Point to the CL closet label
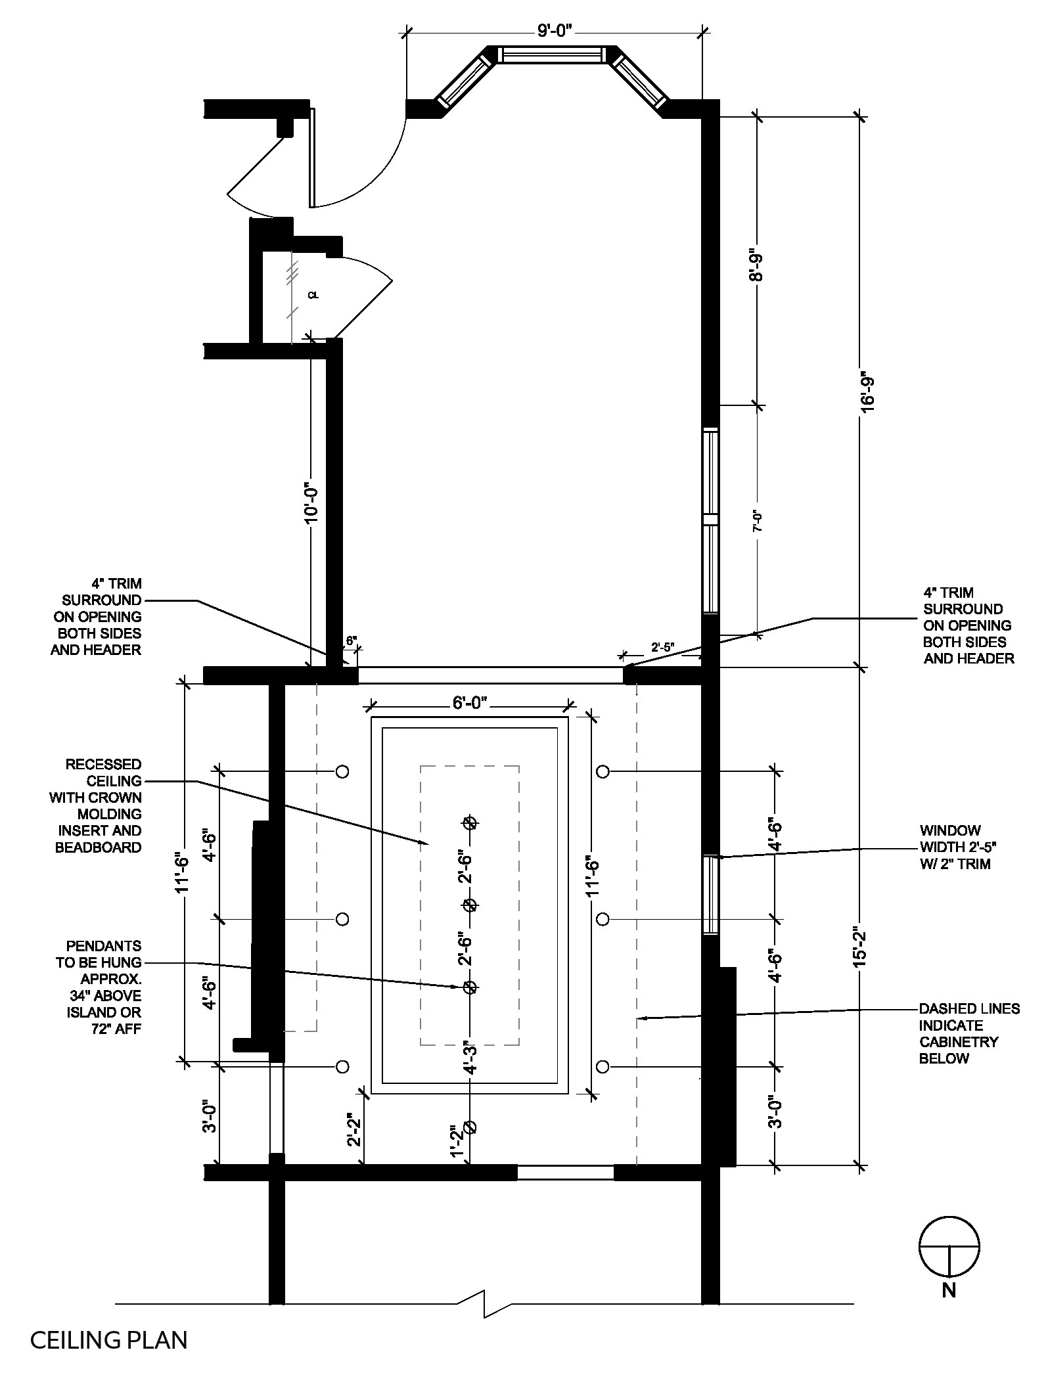pyautogui.click(x=313, y=296)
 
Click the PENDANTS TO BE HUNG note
pyautogui.click(x=104, y=987)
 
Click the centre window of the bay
pyautogui.click(x=551, y=55)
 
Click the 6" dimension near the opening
pyautogui.click(x=351, y=639)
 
